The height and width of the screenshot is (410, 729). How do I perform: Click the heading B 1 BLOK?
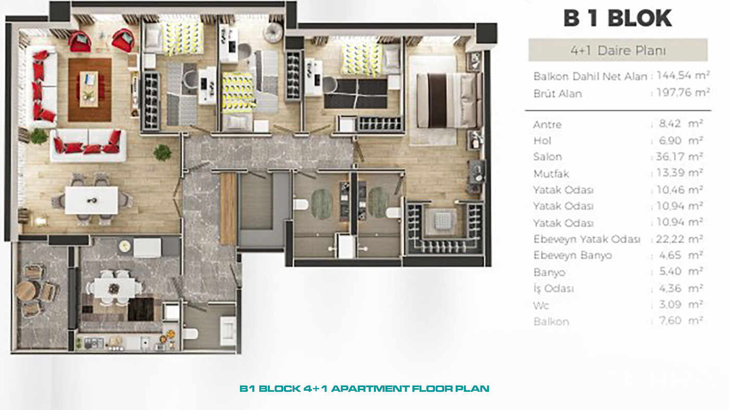pos(618,18)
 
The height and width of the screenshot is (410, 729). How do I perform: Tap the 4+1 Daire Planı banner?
pos(618,50)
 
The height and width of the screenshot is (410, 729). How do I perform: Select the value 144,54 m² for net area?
pos(683,75)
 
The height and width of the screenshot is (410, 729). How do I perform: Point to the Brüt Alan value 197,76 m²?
pos(683,93)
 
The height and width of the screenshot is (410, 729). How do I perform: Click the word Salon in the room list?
pos(547,157)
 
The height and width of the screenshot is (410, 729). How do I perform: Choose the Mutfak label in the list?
pos(551,174)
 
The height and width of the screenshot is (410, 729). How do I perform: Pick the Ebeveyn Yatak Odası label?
pos(587,239)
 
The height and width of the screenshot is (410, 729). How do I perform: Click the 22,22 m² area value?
pos(680,239)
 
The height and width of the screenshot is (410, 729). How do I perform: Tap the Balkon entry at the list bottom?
pos(551,322)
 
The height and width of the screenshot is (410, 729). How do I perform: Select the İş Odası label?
pos(553,288)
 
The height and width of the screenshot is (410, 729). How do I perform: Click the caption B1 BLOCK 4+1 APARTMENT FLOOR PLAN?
pos(364,389)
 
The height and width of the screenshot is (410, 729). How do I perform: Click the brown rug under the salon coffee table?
pos(90,89)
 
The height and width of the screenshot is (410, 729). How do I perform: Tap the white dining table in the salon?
pos(91,200)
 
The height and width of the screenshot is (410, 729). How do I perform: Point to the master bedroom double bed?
pos(449,100)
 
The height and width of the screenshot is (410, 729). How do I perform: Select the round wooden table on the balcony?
pos(27,291)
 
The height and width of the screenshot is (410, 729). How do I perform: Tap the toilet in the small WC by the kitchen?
pos(190,334)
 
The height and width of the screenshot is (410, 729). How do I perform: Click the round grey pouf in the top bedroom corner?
pos(273,32)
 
